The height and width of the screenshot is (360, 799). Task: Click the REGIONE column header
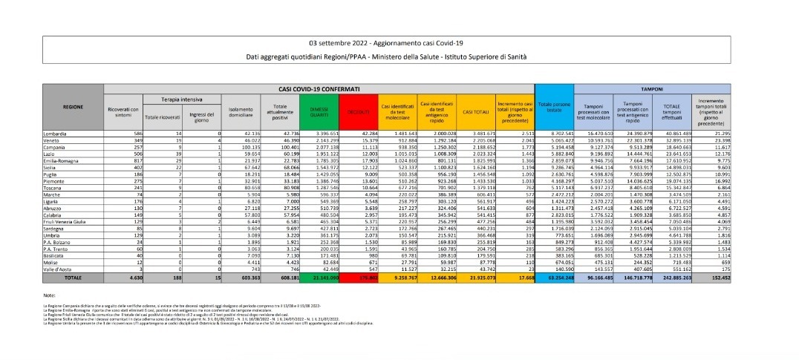(x=73, y=107)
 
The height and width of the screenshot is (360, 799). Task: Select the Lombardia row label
(x=57, y=133)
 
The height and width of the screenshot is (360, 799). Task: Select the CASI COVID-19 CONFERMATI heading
(x=315, y=88)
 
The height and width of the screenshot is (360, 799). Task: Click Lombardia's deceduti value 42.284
(x=363, y=133)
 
